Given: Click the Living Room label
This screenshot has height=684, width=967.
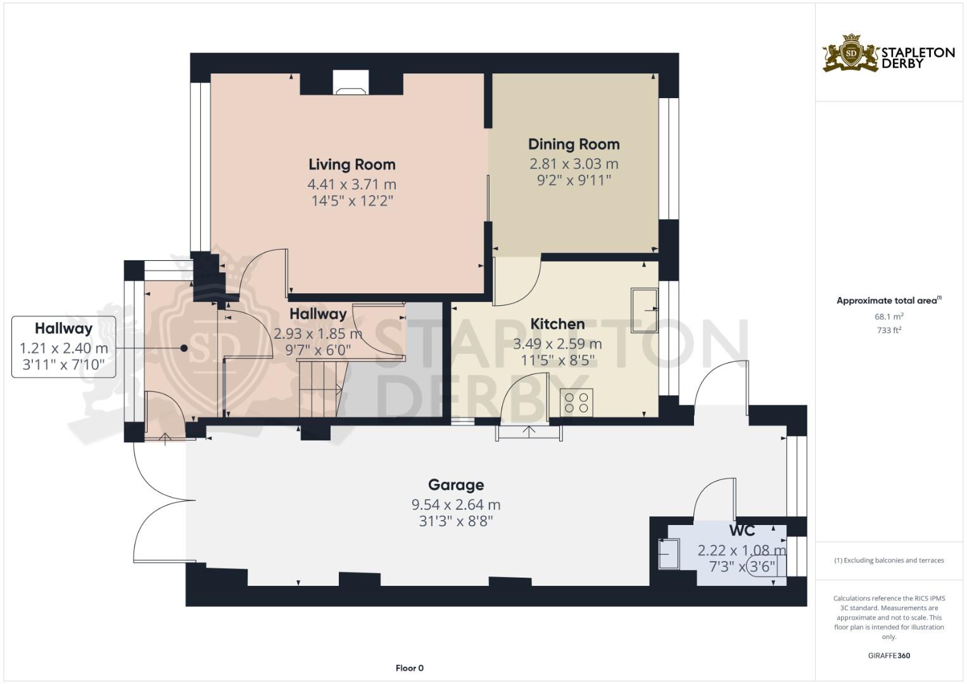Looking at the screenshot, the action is pyautogui.click(x=352, y=165).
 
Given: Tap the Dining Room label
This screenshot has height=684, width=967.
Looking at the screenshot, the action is pyautogui.click(x=574, y=144).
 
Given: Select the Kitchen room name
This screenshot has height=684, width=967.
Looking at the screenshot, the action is pyautogui.click(x=557, y=324).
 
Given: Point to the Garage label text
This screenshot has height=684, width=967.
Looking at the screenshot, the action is pyautogui.click(x=456, y=485).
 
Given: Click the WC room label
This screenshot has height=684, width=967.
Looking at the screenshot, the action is pyautogui.click(x=742, y=531).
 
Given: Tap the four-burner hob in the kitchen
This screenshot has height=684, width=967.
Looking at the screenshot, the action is pyautogui.click(x=576, y=402).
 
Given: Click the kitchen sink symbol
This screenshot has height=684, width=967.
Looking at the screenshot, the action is pyautogui.click(x=644, y=310).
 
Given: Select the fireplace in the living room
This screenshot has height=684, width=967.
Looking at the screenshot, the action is pyautogui.click(x=351, y=83).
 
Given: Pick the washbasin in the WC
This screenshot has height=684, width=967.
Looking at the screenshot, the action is pyautogui.click(x=669, y=554).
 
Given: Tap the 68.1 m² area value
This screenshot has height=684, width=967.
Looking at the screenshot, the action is pyautogui.click(x=889, y=317).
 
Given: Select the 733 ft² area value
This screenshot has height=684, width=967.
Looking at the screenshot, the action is pyautogui.click(x=889, y=331).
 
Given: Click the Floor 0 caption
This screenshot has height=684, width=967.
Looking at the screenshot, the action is pyautogui.click(x=409, y=668).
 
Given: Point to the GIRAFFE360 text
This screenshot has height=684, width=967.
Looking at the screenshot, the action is pyautogui.click(x=889, y=655).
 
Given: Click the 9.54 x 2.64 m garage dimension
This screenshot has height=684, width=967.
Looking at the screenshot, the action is pyautogui.click(x=456, y=504).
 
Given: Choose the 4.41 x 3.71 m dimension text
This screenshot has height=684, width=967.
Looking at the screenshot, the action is pyautogui.click(x=352, y=184).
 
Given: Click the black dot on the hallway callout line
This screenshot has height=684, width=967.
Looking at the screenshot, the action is pyautogui.click(x=184, y=348).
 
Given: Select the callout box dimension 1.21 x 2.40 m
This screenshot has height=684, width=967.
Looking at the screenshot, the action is pyautogui.click(x=64, y=348).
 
